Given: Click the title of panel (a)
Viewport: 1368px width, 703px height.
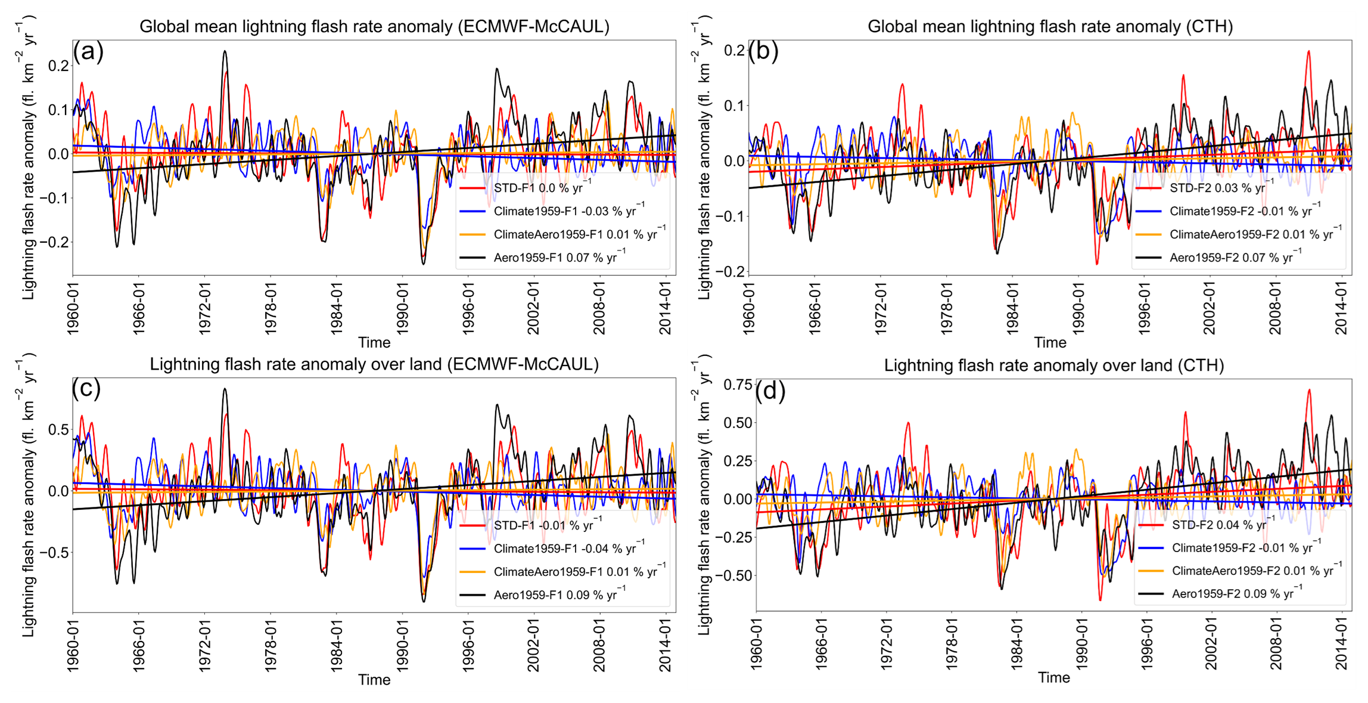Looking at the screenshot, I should (x=374, y=27).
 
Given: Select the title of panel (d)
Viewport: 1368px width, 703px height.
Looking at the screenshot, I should (x=1053, y=365).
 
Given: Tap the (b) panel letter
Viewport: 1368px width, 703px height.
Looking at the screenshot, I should (x=763, y=52).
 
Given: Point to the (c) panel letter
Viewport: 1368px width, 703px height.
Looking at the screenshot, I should (x=87, y=388).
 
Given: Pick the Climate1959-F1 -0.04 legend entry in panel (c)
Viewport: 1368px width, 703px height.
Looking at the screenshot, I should (x=569, y=549).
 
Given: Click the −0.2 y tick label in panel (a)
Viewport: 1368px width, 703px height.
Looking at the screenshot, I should (x=54, y=242).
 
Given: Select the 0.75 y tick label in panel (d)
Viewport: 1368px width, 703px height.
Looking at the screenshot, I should (x=738, y=385).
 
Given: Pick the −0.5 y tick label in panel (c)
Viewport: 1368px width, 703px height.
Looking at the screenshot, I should (x=54, y=552).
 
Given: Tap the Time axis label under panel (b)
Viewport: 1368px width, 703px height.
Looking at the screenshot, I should (x=1050, y=343).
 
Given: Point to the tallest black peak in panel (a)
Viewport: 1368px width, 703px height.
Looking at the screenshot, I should (x=225, y=51).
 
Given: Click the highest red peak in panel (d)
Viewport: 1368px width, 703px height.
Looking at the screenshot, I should (x=1309, y=390).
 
